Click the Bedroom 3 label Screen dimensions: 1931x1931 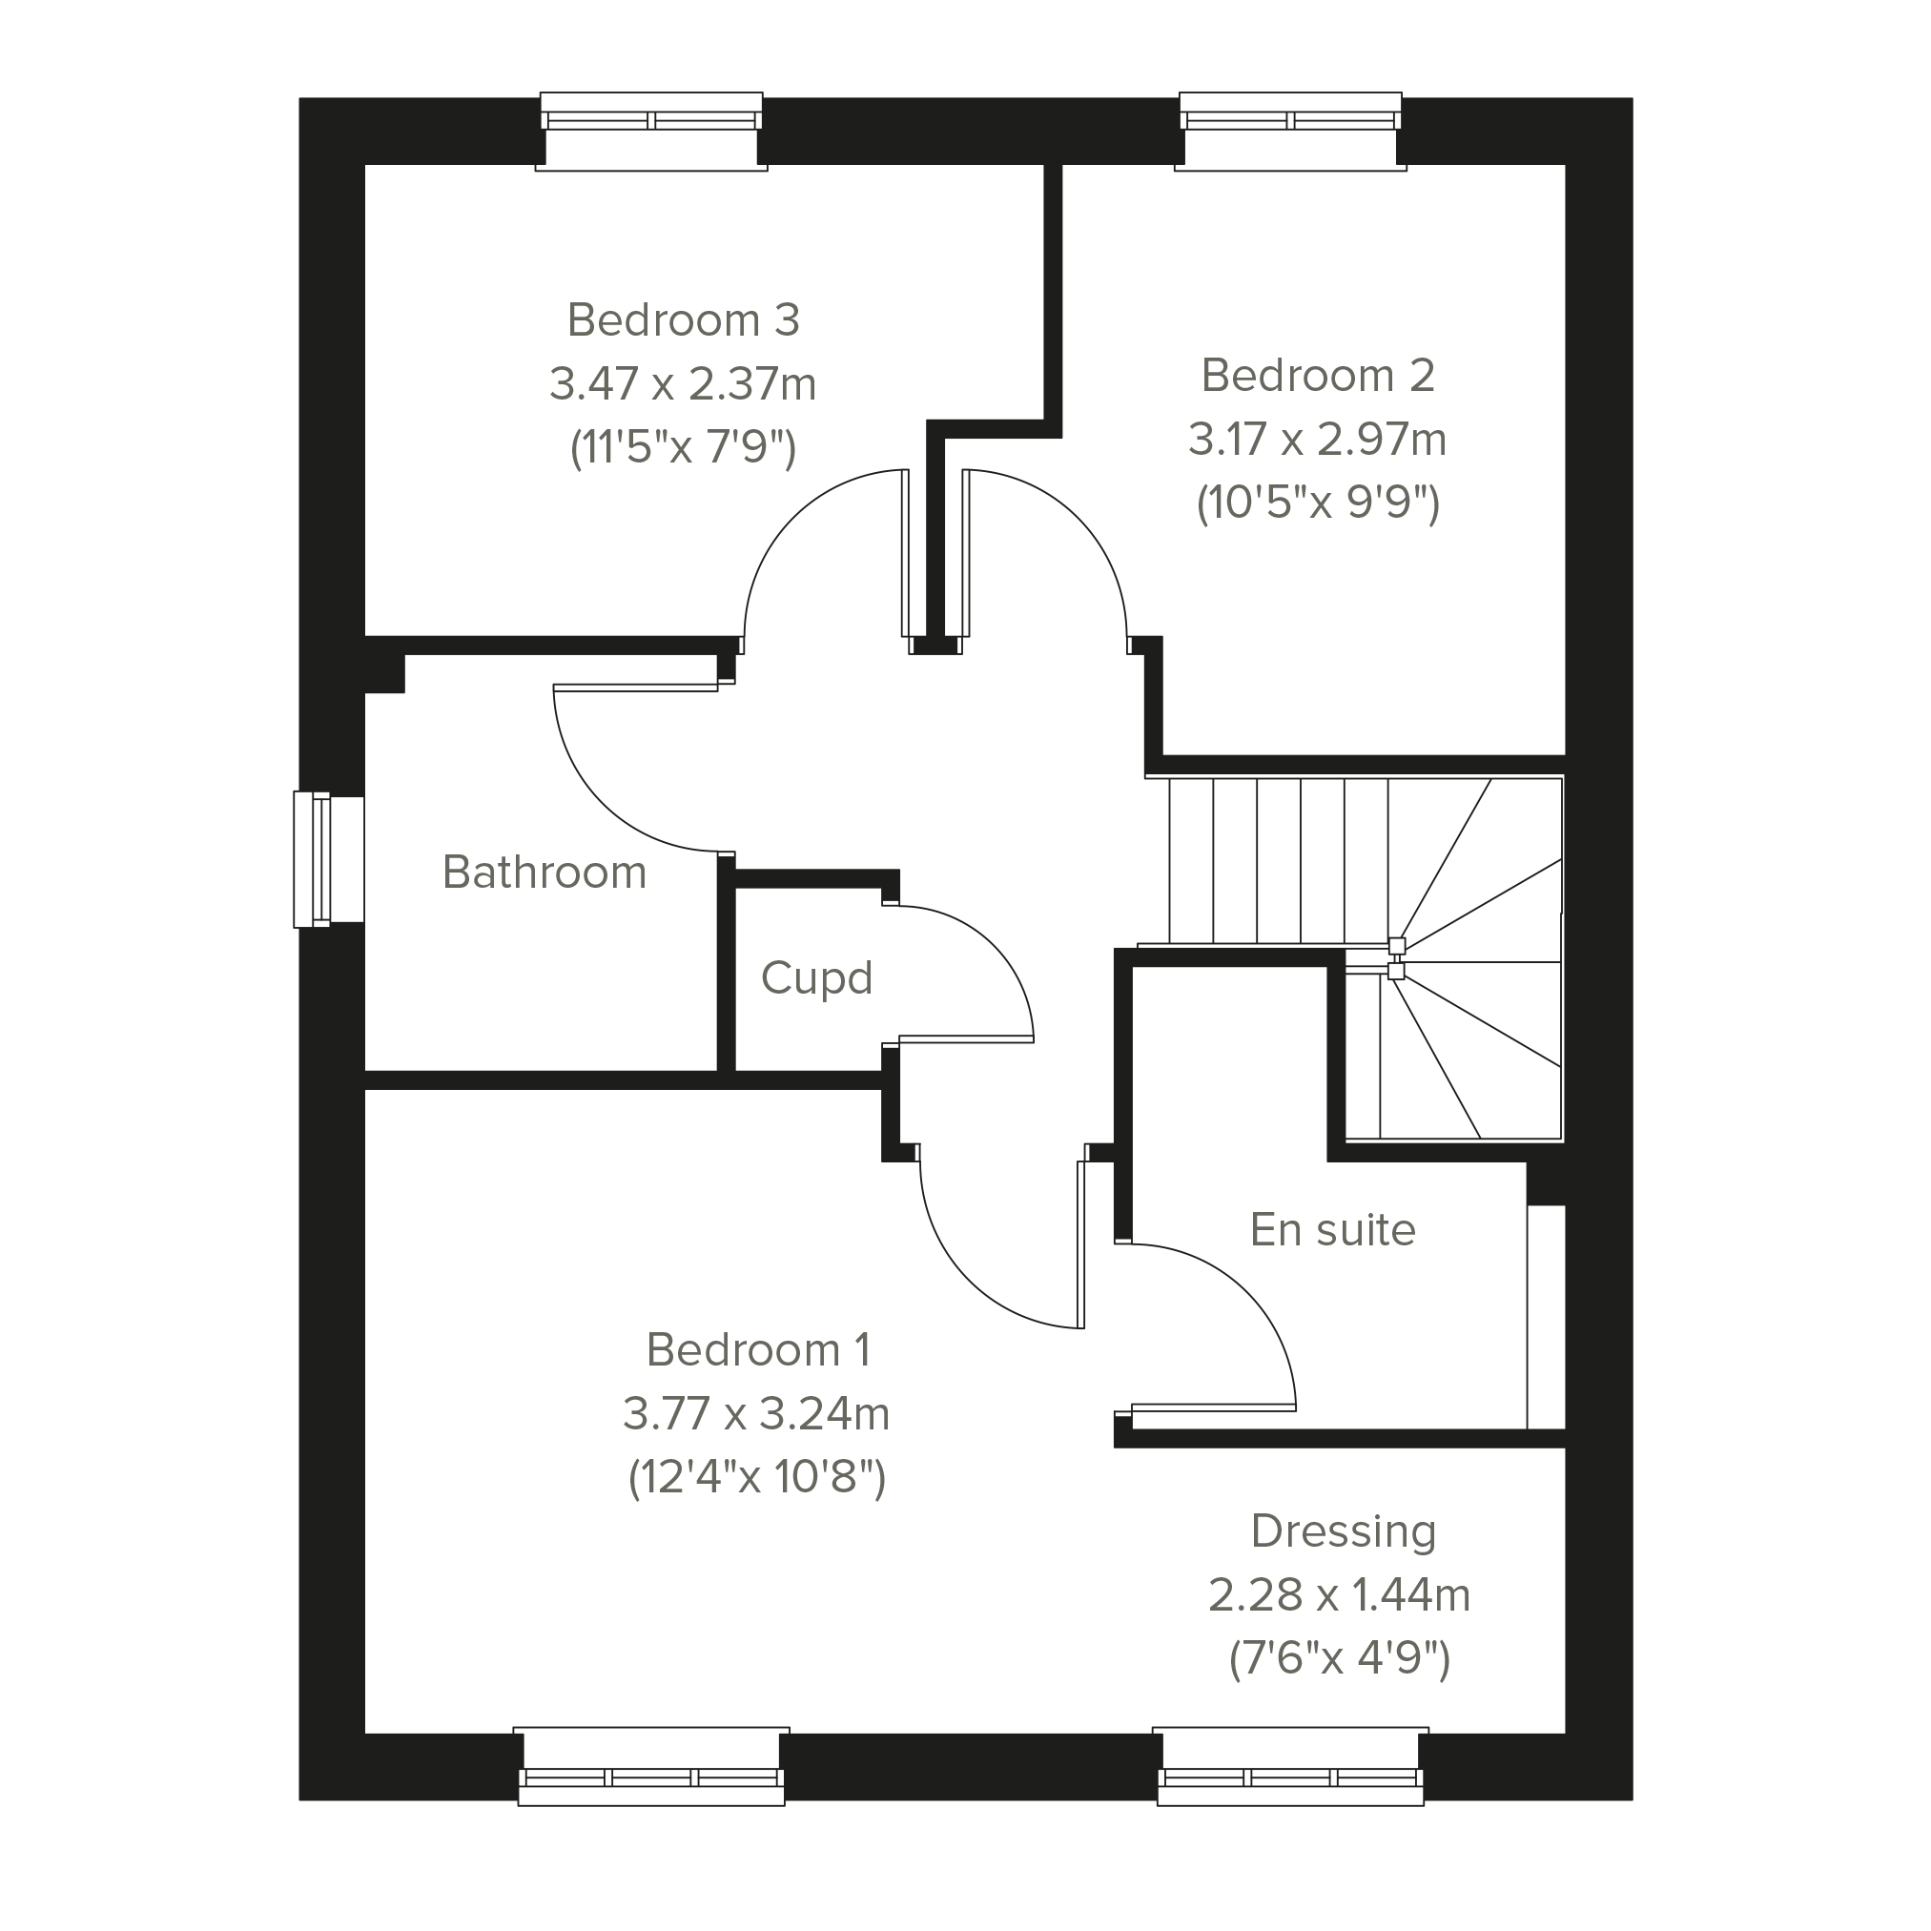684,320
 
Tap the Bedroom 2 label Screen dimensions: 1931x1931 1318,376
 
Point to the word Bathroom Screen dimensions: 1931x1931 544,873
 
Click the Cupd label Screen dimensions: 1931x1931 816,978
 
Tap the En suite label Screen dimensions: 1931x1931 1333,1230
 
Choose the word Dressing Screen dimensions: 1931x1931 1345,1532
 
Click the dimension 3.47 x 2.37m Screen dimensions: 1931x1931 683,383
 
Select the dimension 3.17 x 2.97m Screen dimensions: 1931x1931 1317,440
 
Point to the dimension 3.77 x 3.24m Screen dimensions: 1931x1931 756,1414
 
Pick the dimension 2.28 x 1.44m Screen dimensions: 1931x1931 1340,1595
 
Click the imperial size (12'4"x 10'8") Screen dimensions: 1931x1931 757,1477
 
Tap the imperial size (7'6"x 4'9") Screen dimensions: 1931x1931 1340,1659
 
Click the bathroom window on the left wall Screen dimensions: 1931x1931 328,859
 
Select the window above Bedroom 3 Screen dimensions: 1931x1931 651,131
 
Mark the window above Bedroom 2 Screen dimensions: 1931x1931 1290,131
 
